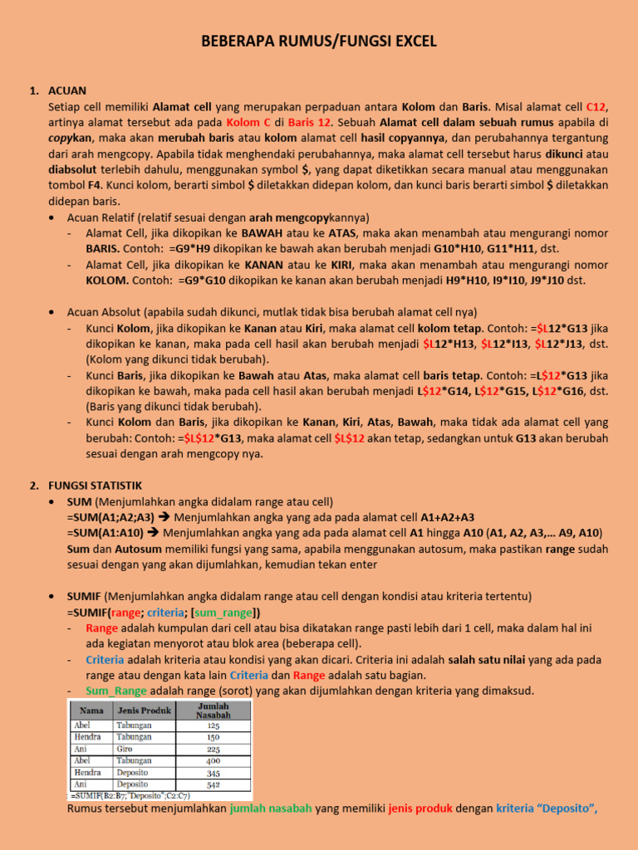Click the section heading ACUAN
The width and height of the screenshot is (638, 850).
pos(67,90)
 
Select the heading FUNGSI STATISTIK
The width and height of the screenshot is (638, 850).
pos(96,486)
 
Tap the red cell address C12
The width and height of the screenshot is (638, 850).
pos(596,107)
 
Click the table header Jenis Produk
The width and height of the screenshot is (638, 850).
pos(144,710)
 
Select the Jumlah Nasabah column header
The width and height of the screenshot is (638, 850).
pos(213,710)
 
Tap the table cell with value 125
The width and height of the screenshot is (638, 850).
pos(213,725)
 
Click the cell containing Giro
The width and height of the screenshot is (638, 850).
pos(127,748)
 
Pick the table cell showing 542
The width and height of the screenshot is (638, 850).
pos(213,784)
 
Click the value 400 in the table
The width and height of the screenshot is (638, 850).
pos(213,760)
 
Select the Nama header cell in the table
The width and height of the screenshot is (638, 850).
pos(92,710)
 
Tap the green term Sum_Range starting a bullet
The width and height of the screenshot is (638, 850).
pos(115,691)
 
